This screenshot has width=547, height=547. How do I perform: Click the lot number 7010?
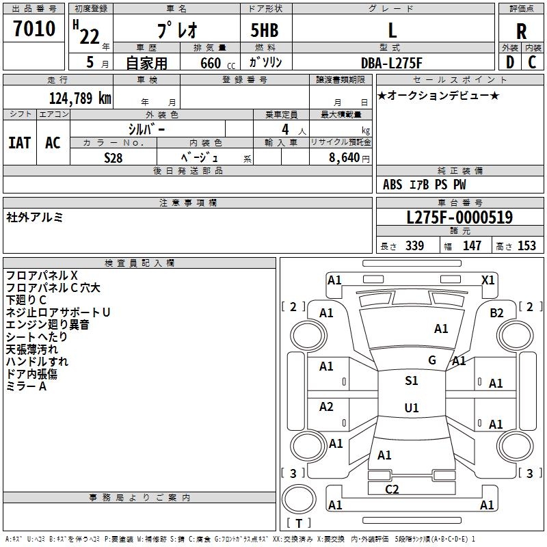34,29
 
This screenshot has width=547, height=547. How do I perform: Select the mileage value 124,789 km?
80,98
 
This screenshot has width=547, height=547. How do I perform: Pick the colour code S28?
114,157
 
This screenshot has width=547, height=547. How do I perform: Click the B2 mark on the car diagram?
496,312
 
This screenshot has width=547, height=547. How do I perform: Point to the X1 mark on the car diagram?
488,280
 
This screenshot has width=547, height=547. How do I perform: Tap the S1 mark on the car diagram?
411,381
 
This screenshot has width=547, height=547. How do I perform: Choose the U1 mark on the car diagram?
411,408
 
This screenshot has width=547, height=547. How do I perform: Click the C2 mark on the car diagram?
392,489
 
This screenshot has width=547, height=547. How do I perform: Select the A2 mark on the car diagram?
326,407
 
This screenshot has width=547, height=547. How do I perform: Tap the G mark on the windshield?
432,360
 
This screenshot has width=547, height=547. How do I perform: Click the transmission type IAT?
20,143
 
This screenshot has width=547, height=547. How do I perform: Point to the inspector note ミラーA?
26,386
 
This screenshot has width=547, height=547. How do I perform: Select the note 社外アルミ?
35,217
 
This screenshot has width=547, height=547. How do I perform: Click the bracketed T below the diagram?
299,523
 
